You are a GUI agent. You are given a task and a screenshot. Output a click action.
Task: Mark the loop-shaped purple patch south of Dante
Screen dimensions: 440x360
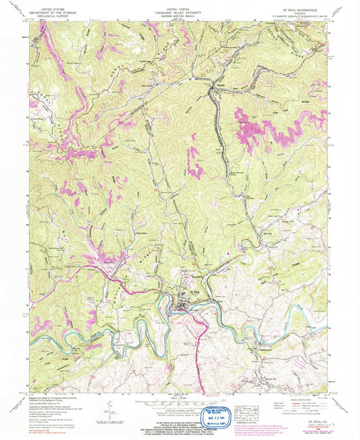195,160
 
